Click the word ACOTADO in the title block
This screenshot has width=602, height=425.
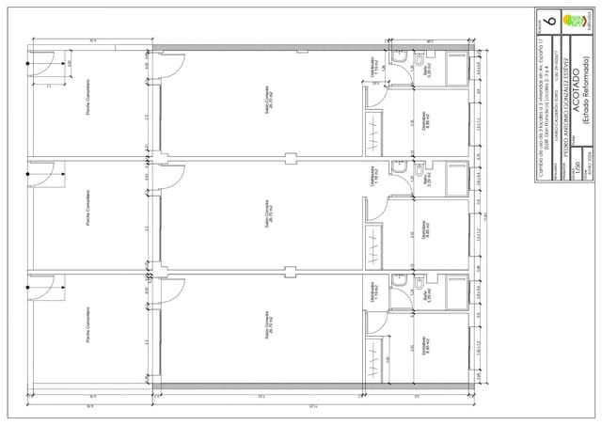click(573, 93)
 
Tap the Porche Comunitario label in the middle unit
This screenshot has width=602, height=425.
click(87, 217)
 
